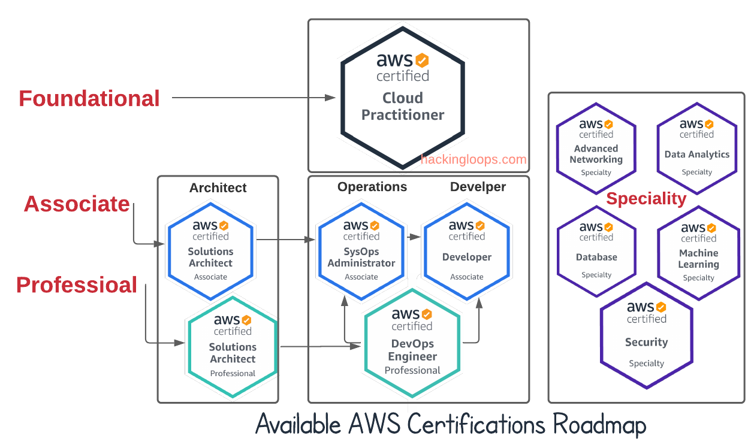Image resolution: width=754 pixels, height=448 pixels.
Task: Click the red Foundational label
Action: [x=89, y=99]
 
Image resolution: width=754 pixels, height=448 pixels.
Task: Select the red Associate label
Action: [x=77, y=204]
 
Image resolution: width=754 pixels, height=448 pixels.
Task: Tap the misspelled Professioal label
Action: [x=77, y=284]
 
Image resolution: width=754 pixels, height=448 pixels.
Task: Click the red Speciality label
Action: [x=646, y=199]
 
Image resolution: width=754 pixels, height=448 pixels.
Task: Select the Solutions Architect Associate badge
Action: [x=210, y=250]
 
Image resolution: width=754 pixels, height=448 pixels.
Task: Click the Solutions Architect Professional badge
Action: [x=233, y=346]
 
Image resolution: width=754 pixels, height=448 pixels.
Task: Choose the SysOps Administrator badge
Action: [x=361, y=250]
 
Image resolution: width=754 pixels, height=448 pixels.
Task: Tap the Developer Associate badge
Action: [x=466, y=250]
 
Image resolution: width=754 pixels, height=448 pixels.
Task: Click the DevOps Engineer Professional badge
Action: [x=412, y=344]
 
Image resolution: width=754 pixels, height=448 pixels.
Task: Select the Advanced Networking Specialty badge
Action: [x=596, y=148]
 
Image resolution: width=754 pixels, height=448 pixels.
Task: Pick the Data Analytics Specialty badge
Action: [x=696, y=148]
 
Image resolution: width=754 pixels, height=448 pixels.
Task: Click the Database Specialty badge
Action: [x=596, y=251]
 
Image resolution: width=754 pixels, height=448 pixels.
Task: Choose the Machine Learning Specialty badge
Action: [x=698, y=253]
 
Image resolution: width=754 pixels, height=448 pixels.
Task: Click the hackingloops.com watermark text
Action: [x=473, y=159]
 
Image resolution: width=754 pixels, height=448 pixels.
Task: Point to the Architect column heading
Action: [x=218, y=187]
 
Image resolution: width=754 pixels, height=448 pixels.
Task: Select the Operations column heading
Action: [x=372, y=187]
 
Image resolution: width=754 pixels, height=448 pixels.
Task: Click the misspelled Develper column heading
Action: [x=478, y=187]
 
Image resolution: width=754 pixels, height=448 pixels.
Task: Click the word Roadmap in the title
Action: [x=599, y=425]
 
